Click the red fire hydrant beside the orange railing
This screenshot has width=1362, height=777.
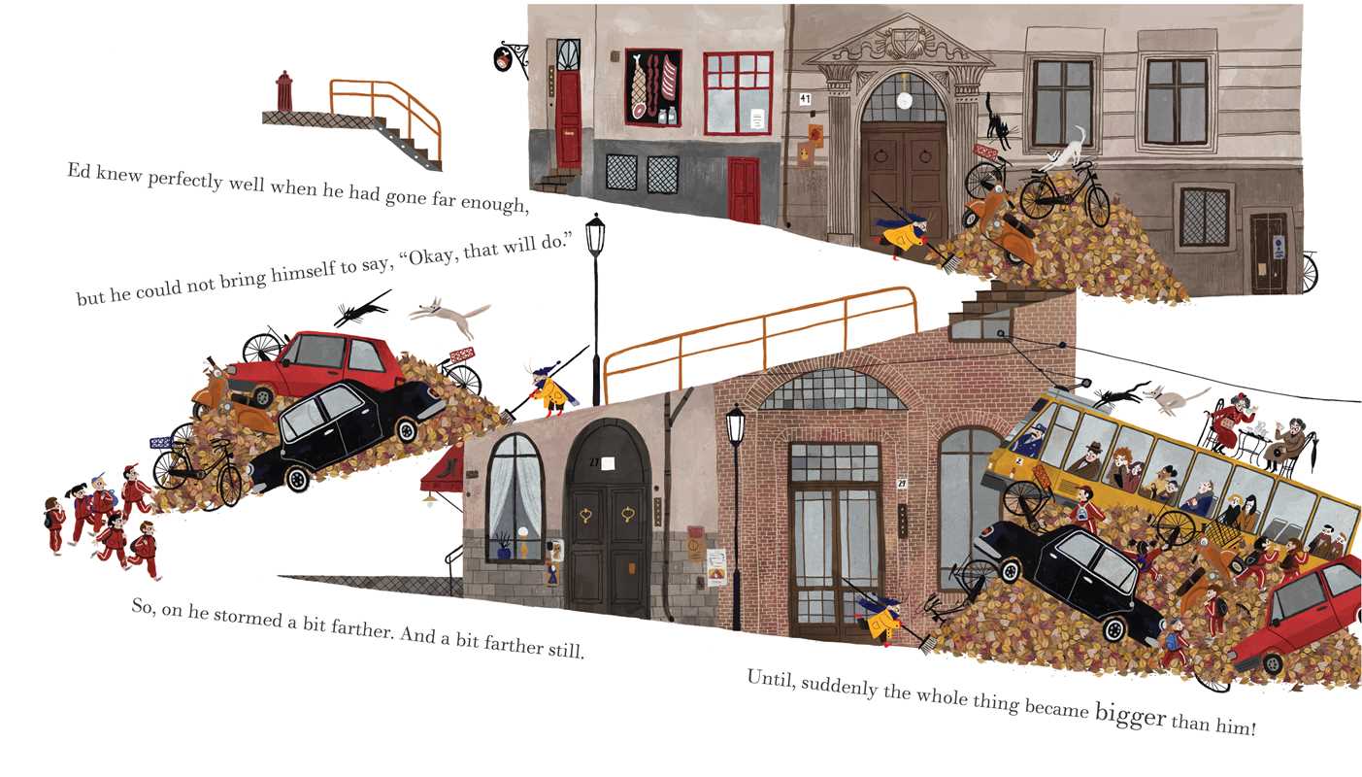click(284, 91)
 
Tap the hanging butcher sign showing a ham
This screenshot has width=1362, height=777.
click(504, 59)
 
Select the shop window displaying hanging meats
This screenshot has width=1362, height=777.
click(653, 87)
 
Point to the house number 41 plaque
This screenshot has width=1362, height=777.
click(805, 98)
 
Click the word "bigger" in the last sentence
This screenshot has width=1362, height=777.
click(1130, 716)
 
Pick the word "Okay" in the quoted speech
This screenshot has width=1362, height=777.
click(428, 257)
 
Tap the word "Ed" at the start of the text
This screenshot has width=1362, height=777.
click(79, 170)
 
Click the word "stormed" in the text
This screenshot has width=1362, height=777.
click(249, 617)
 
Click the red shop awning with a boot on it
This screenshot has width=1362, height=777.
click(442, 468)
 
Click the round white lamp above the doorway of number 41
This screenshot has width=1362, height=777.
click(904, 101)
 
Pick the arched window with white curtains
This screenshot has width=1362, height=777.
click(515, 497)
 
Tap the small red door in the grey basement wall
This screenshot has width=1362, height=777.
click(744, 189)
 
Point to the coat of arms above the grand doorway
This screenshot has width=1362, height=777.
click(902, 42)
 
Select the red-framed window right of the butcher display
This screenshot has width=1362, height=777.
click(738, 93)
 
